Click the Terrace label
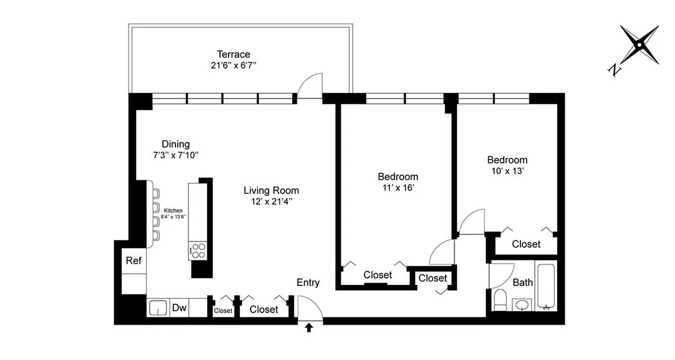coord(233,54)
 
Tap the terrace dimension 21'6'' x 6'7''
coord(233,65)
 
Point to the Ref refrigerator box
coord(134,261)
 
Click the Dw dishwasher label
coord(180,308)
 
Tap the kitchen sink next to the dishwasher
coord(157,308)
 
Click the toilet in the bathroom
coord(500,300)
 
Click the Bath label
coord(522,283)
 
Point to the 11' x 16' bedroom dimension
coord(398,188)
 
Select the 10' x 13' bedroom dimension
coord(507,171)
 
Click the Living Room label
coord(271,190)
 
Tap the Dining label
coord(175,144)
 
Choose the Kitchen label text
coord(173,211)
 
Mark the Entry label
coord(308,283)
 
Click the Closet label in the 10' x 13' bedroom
coord(526,244)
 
